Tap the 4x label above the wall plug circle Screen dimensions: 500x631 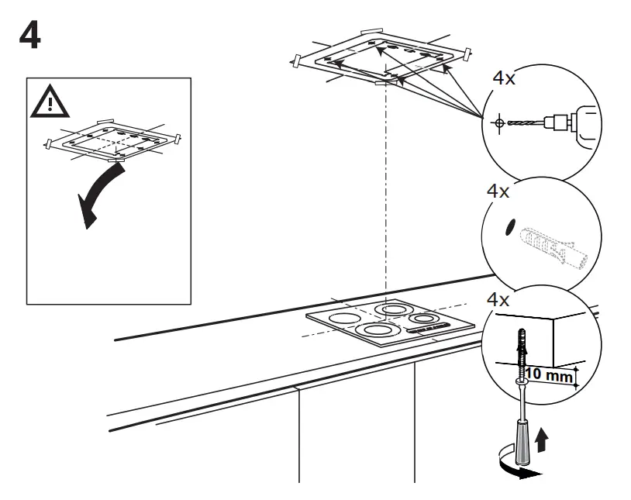pyautogui.click(x=498, y=191)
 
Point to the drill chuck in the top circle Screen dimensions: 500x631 pyautogui.click(x=557, y=121)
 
